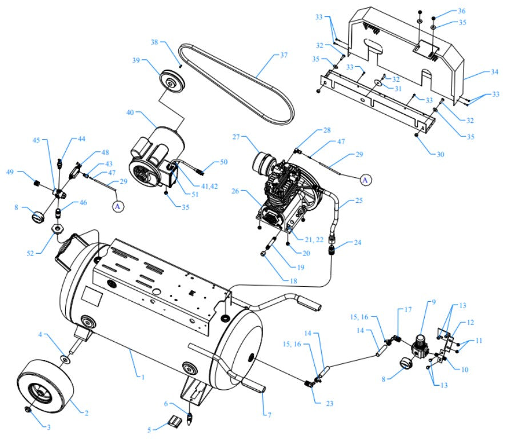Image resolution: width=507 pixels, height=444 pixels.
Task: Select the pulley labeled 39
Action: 170,81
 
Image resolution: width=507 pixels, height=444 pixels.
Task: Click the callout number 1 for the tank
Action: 137,376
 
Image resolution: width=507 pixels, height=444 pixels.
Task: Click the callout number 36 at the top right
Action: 462,11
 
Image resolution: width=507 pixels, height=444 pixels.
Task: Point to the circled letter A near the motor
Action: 118,206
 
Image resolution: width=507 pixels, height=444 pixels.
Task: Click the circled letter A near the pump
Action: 365,179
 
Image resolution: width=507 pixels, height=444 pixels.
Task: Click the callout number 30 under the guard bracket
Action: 439,154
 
